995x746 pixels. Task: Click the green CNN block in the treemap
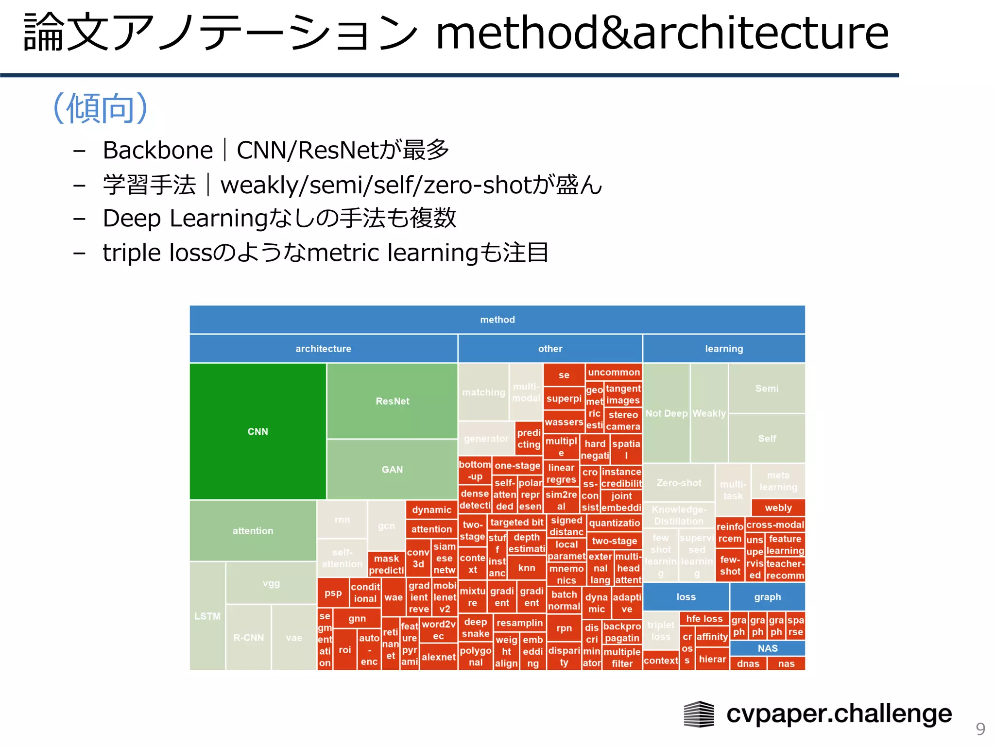pyautogui.click(x=257, y=431)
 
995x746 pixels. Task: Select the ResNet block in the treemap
pyautogui.click(x=392, y=401)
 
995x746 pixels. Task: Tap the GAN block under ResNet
pyautogui.click(x=392, y=470)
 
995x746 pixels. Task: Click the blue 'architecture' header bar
pyautogui.click(x=323, y=349)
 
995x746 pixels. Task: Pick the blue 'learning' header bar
pyautogui.click(x=724, y=349)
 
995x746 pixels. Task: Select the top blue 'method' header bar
pyautogui.click(x=497, y=320)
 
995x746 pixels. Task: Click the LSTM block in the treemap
pyautogui.click(x=207, y=616)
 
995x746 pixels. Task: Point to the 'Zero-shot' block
pyautogui.click(x=679, y=483)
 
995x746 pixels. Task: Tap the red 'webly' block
pyautogui.click(x=778, y=508)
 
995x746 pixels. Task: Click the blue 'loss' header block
pyautogui.click(x=686, y=597)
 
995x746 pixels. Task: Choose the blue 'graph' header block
pyautogui.click(x=767, y=597)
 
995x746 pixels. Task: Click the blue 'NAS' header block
pyautogui.click(x=767, y=648)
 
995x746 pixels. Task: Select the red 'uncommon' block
pyautogui.click(x=614, y=372)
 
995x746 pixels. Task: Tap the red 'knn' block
pyautogui.click(x=526, y=568)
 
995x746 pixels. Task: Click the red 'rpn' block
pyautogui.click(x=564, y=628)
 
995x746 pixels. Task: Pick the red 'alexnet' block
pyautogui.click(x=438, y=657)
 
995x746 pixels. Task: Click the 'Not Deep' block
pyautogui.click(x=666, y=413)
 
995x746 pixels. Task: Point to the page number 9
pyautogui.click(x=980, y=729)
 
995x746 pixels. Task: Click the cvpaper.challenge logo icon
pyautogui.click(x=699, y=714)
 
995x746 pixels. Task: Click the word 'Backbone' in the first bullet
pyautogui.click(x=158, y=150)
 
